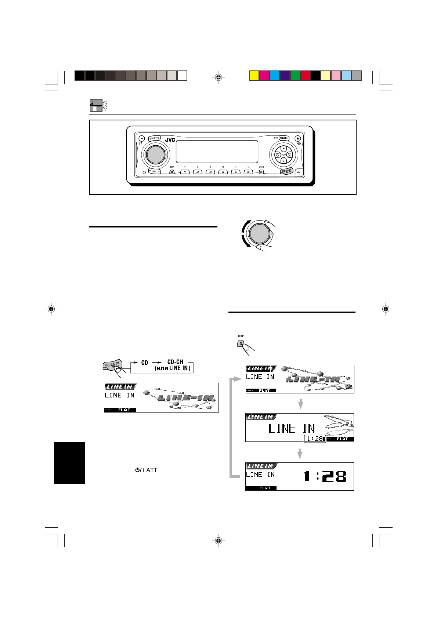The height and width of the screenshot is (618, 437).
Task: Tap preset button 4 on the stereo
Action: coord(223,172)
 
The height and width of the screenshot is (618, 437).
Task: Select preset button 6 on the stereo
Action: coord(249,172)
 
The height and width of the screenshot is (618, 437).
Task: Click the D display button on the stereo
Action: coord(172,172)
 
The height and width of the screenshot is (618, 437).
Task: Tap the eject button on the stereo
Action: coord(297,138)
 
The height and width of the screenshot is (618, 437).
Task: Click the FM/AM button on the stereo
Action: coord(284,138)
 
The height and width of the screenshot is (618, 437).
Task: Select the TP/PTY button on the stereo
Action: coord(155,138)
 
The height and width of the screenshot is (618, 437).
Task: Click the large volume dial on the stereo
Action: coord(155,154)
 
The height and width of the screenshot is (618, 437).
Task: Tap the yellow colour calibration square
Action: coord(254,76)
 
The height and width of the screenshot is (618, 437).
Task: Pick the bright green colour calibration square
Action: coord(295,76)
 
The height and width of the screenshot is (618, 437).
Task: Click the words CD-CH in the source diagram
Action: coord(175,362)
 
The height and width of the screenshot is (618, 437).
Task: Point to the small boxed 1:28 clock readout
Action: coord(315,439)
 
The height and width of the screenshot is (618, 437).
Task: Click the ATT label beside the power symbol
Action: coord(152,470)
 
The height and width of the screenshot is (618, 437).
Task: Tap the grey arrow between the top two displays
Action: coord(300,404)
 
